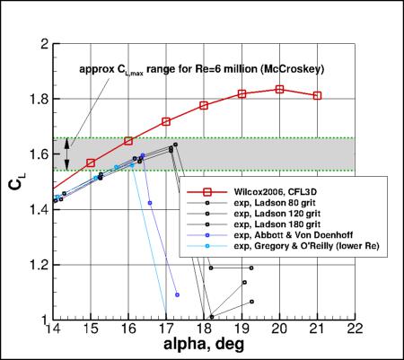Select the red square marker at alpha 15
[x=91, y=162]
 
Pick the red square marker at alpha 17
[x=166, y=121]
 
